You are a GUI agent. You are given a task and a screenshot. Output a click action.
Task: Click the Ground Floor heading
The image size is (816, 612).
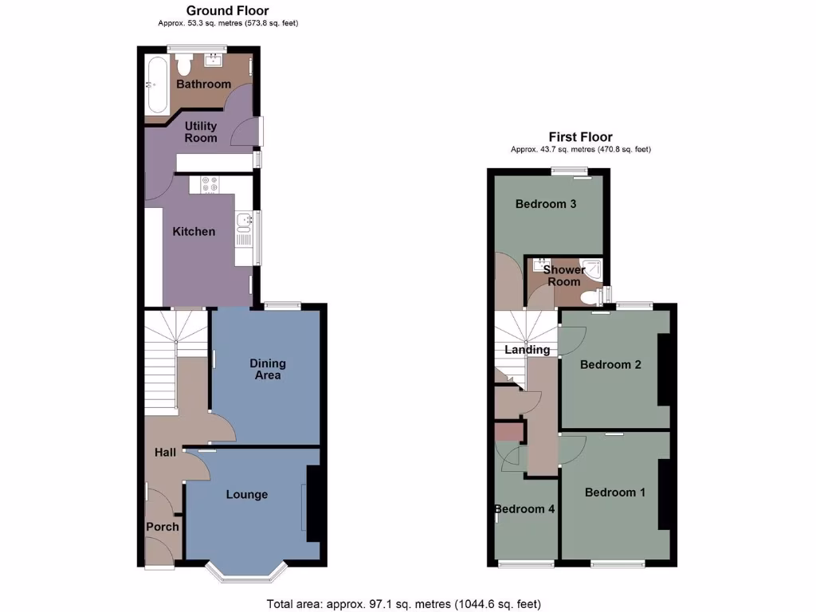227,11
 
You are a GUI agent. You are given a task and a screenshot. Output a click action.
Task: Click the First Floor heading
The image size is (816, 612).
580,137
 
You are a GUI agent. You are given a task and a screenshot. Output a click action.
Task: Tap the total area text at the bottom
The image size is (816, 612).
407,604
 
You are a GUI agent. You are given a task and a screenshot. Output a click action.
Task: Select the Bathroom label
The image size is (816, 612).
203,84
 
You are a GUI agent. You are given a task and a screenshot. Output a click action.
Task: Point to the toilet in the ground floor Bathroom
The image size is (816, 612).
183,64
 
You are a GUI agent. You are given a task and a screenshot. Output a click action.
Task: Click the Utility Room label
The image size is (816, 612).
201,131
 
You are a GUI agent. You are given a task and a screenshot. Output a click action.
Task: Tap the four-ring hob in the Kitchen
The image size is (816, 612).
210,184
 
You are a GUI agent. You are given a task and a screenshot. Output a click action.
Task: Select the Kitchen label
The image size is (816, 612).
194,231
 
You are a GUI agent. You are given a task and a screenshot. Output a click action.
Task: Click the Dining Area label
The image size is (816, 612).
268,369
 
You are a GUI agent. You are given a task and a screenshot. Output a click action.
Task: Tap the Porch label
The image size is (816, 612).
163,526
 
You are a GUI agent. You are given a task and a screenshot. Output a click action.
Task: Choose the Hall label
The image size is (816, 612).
165,452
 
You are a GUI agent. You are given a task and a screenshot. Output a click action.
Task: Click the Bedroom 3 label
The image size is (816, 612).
546,204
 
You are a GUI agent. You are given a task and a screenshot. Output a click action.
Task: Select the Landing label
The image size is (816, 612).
527,349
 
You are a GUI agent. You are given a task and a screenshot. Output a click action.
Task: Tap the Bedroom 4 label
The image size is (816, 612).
524,508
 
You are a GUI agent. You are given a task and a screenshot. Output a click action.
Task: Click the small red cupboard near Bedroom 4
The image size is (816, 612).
508,432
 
